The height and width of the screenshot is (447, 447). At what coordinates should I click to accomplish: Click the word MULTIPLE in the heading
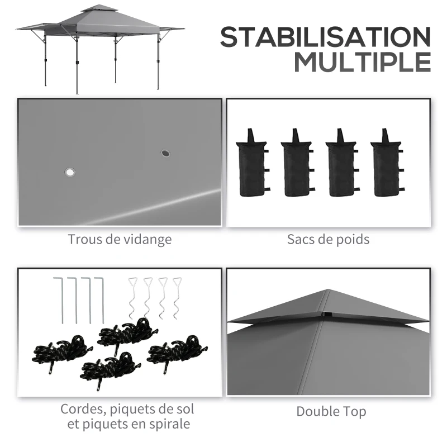pyautogui.click(x=363, y=62)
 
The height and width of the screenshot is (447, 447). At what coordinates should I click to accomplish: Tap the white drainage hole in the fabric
pyautogui.click(x=70, y=173)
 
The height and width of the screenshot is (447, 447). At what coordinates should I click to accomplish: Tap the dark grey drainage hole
pyautogui.click(x=165, y=153)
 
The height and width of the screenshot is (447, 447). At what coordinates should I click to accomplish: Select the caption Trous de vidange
pyautogui.click(x=120, y=240)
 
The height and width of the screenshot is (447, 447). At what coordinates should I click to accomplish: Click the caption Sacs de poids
pyautogui.click(x=329, y=240)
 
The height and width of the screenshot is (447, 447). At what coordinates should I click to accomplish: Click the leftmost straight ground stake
pyautogui.click(x=61, y=299)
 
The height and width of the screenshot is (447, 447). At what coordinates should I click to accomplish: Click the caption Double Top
pyautogui.click(x=331, y=412)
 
